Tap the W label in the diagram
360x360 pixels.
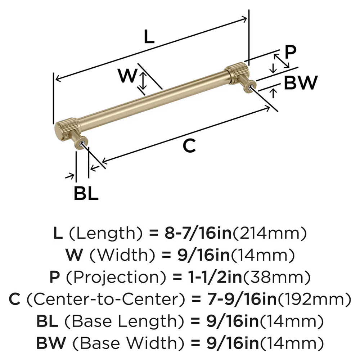(128, 76)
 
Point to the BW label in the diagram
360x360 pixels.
(301, 83)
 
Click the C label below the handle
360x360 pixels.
(189, 146)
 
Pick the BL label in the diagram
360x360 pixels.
(86, 194)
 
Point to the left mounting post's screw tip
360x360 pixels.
(84, 144)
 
